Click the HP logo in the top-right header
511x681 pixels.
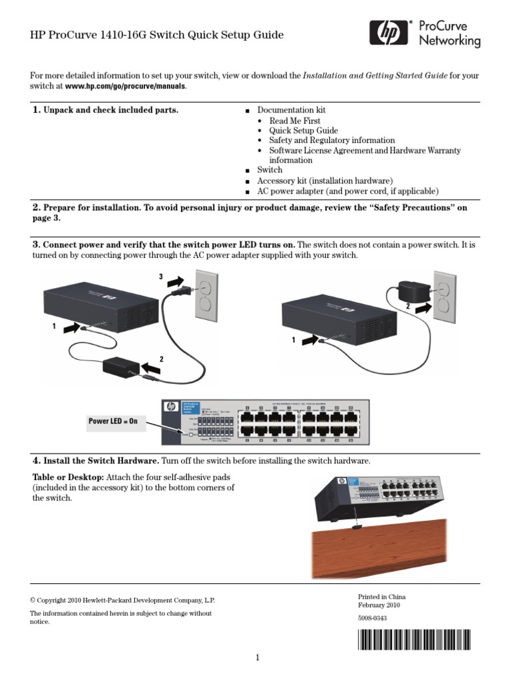coord(389,33)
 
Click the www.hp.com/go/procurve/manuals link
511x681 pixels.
coord(125,86)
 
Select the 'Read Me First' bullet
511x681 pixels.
coord(294,121)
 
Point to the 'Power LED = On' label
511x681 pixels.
coord(114,421)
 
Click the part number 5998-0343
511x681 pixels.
coord(373,618)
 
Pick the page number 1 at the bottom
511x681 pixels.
coord(256,658)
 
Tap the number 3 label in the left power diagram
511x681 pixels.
coord(160,276)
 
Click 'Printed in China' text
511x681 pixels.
coord(381,597)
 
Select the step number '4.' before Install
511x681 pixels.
coord(37,460)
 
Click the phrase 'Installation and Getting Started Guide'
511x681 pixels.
coord(375,76)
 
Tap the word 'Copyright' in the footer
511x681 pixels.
coord(57,600)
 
